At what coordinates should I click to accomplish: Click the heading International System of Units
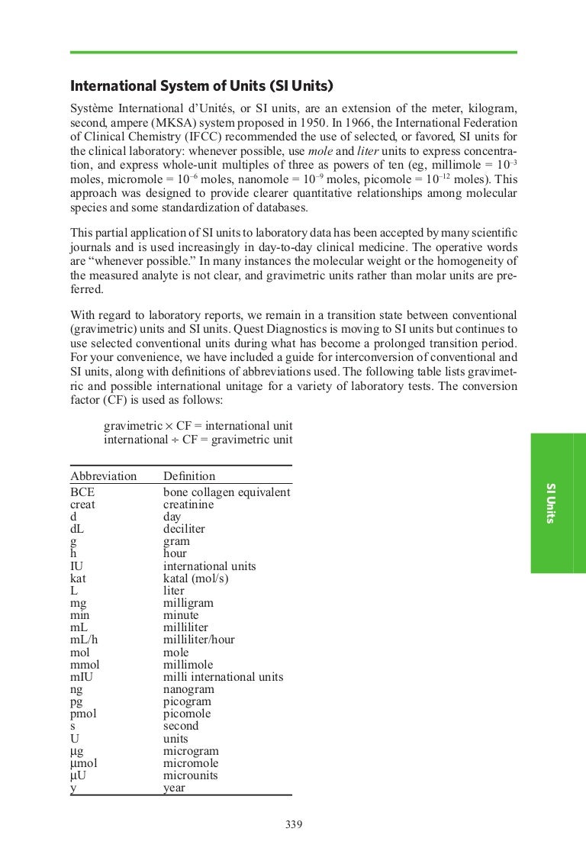[202, 85]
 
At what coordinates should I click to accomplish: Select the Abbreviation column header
[103, 476]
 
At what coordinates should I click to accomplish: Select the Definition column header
[189, 476]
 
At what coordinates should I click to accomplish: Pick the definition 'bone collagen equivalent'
[227, 492]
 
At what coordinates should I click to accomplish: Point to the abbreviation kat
[78, 579]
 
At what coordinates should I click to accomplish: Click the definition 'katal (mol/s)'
[196, 579]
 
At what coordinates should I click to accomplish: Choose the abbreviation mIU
[82, 677]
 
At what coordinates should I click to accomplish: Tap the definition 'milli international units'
[223, 677]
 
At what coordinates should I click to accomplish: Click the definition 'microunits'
[191, 775]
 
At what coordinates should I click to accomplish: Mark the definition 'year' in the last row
[175, 788]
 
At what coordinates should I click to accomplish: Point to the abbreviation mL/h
[84, 640]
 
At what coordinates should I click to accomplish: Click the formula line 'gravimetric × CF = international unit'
[198, 425]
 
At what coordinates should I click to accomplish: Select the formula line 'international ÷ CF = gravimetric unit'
[198, 438]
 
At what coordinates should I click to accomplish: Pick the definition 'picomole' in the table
[187, 714]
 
